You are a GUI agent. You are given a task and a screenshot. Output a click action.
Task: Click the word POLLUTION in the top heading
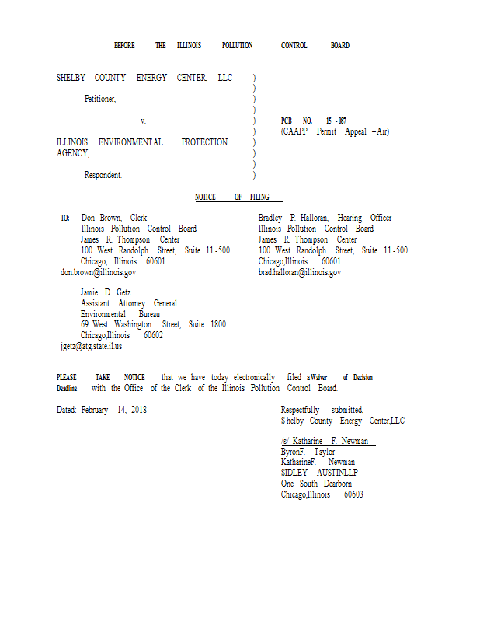[237, 46]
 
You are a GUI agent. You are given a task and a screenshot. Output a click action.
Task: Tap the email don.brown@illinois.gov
[98, 273]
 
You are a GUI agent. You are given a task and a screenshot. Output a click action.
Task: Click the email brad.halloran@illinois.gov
[300, 273]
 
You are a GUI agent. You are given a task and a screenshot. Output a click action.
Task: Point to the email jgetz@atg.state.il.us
[91, 347]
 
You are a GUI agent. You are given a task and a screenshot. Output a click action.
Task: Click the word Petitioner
[100, 100]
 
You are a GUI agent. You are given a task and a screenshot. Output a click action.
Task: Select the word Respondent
[103, 176]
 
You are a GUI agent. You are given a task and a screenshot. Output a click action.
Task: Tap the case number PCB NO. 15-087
[314, 121]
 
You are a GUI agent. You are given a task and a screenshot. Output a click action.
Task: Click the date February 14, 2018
[114, 410]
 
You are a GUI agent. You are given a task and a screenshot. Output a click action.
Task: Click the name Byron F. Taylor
[308, 451]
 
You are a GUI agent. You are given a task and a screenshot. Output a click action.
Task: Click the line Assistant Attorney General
[129, 303]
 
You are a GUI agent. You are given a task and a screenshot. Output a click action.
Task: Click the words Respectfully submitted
[322, 410]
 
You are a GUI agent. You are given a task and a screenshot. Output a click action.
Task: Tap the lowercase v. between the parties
[143, 121]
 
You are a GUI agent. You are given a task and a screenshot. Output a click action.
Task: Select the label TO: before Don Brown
[65, 218]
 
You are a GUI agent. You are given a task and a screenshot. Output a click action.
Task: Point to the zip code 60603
[353, 494]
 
